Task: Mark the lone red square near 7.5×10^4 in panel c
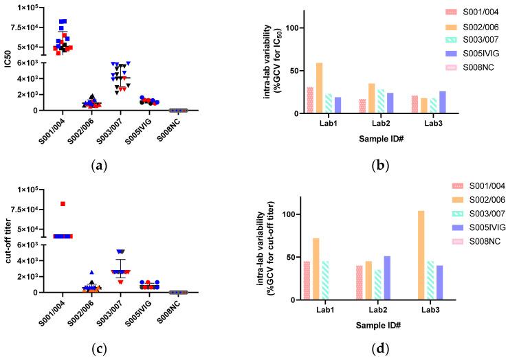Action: click(63, 204)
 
